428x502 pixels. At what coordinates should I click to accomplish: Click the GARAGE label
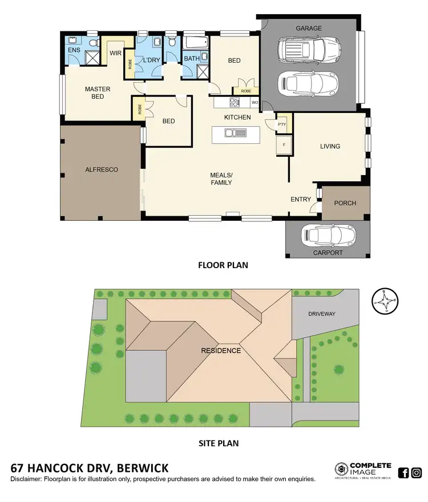[308, 28]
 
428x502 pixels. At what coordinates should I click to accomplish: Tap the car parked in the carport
[328, 234]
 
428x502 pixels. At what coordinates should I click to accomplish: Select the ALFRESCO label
[102, 169]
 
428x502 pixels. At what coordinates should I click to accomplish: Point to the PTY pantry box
[281, 124]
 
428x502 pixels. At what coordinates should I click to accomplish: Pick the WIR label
[116, 53]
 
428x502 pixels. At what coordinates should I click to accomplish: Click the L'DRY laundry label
[151, 60]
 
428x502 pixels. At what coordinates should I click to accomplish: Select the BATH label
[191, 58]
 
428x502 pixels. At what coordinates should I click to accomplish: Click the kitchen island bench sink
[236, 133]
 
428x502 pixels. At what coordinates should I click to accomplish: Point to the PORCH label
[345, 203]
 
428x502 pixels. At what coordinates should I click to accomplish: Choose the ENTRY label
[301, 199]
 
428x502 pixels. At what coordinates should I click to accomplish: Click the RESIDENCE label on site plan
[220, 350]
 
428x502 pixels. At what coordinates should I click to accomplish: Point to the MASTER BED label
[98, 93]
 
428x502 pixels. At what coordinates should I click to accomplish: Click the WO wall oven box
[254, 103]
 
